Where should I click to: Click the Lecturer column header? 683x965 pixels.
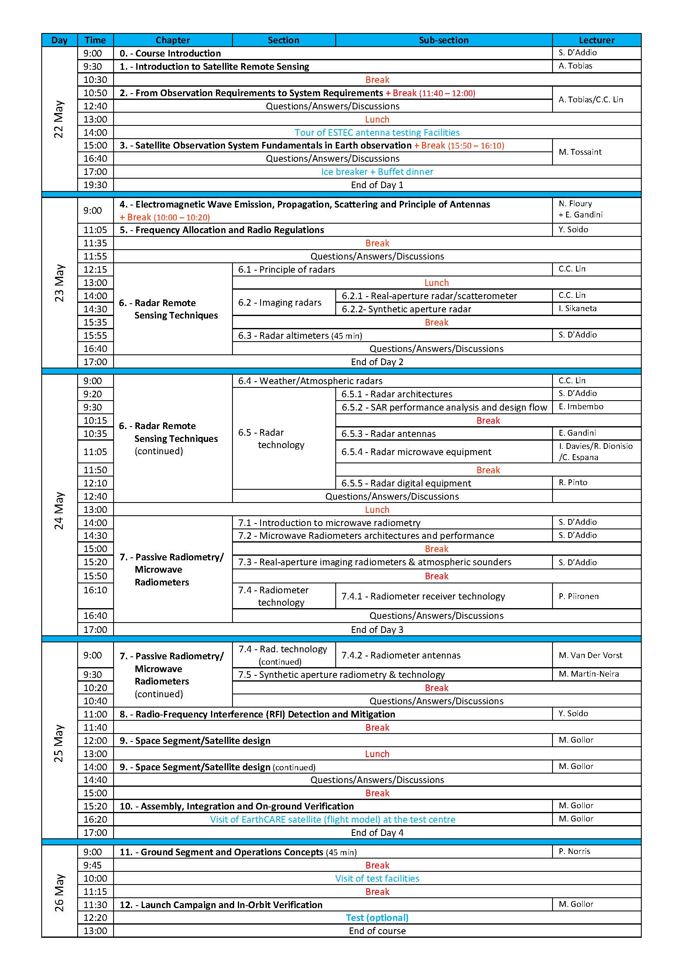596,40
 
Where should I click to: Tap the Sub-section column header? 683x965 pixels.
443,40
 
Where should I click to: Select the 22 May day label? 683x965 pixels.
59,119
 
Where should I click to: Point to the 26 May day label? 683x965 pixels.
59,893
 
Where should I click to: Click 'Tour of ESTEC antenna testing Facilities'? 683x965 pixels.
377,132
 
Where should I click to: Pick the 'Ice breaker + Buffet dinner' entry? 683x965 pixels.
377,172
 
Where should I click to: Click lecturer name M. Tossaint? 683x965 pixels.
579,152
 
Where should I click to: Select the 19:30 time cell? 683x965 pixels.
95,185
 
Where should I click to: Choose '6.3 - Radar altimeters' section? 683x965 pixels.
299,335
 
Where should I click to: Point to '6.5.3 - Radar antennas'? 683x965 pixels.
388,434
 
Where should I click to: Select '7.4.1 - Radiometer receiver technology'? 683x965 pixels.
423,596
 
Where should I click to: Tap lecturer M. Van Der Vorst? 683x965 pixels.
590,655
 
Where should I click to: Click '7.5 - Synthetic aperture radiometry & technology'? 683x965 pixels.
341,675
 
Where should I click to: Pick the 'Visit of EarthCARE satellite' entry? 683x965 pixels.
332,819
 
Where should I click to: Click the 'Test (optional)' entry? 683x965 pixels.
377,918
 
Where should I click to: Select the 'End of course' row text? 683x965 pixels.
377,930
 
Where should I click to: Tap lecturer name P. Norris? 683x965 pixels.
574,851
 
